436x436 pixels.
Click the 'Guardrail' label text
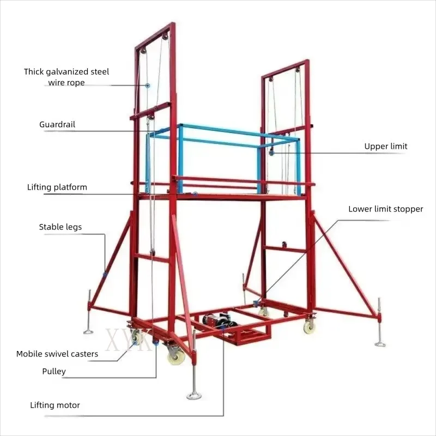click(57, 125)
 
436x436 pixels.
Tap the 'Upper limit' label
click(386, 146)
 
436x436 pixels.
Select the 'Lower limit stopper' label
click(386, 209)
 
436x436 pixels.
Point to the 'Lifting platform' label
click(57, 187)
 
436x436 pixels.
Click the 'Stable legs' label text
click(60, 227)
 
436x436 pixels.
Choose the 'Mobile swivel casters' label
click(57, 354)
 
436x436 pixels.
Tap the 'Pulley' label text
click(54, 372)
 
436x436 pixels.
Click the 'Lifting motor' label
click(55, 405)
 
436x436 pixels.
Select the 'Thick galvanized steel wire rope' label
click(66, 77)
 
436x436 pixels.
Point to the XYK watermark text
click(129, 339)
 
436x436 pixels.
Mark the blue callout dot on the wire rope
click(148, 86)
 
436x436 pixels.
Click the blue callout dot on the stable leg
click(105, 275)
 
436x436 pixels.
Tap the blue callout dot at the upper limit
click(271, 153)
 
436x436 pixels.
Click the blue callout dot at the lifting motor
click(223, 328)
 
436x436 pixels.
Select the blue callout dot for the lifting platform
click(196, 194)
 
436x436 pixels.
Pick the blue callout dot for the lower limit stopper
click(256, 303)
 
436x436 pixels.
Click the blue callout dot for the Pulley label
click(156, 343)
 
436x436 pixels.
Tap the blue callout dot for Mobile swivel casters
click(135, 343)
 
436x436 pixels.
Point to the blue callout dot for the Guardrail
click(161, 130)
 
